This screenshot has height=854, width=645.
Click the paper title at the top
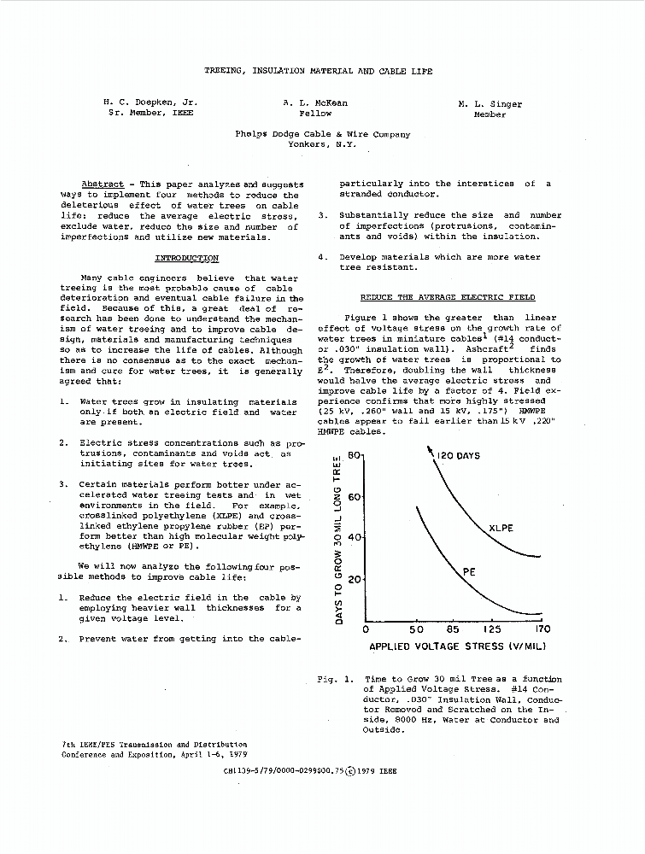pos(318,71)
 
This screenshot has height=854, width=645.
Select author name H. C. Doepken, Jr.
pos(150,102)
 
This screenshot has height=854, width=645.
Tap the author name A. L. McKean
pos(315,102)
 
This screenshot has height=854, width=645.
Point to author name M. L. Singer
pos(490,104)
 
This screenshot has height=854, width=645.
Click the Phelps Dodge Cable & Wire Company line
pos(322,134)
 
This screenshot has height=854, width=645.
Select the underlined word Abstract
pos(102,184)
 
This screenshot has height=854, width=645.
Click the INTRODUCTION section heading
pos(186,258)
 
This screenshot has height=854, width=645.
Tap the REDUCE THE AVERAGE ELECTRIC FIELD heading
pos(448,297)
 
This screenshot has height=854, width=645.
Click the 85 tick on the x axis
pos(453,629)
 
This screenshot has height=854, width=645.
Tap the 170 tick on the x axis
pos(542,629)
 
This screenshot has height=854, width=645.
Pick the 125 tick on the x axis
pos(494,629)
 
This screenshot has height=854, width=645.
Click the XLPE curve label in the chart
pos(501,528)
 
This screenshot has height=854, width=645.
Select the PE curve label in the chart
pos(469,571)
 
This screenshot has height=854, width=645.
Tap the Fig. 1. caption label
pos(334,680)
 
